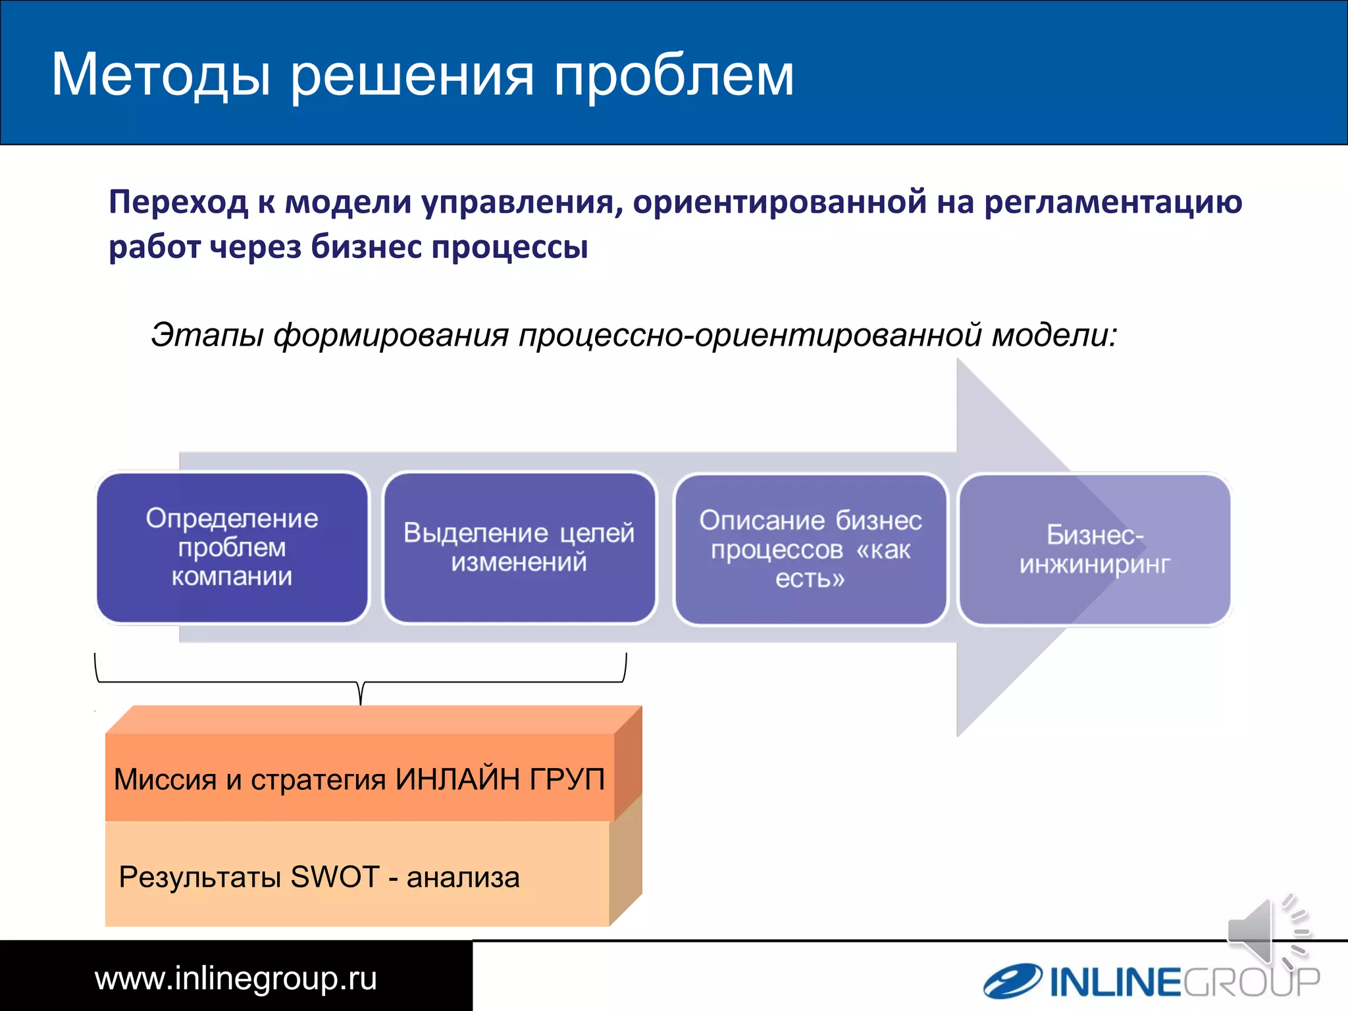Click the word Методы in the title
(161, 75)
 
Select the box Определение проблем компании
(232, 548)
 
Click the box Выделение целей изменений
(519, 548)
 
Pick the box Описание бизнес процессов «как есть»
(810, 550)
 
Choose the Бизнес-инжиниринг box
(1095, 550)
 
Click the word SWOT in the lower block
(334, 877)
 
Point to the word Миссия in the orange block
(165, 779)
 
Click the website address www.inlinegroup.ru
(236, 978)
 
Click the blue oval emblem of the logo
(1012, 981)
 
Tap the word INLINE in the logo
(1115, 983)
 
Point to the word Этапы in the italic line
(207, 335)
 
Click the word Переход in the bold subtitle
(178, 201)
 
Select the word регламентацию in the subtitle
(1112, 201)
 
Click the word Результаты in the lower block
(200, 877)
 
